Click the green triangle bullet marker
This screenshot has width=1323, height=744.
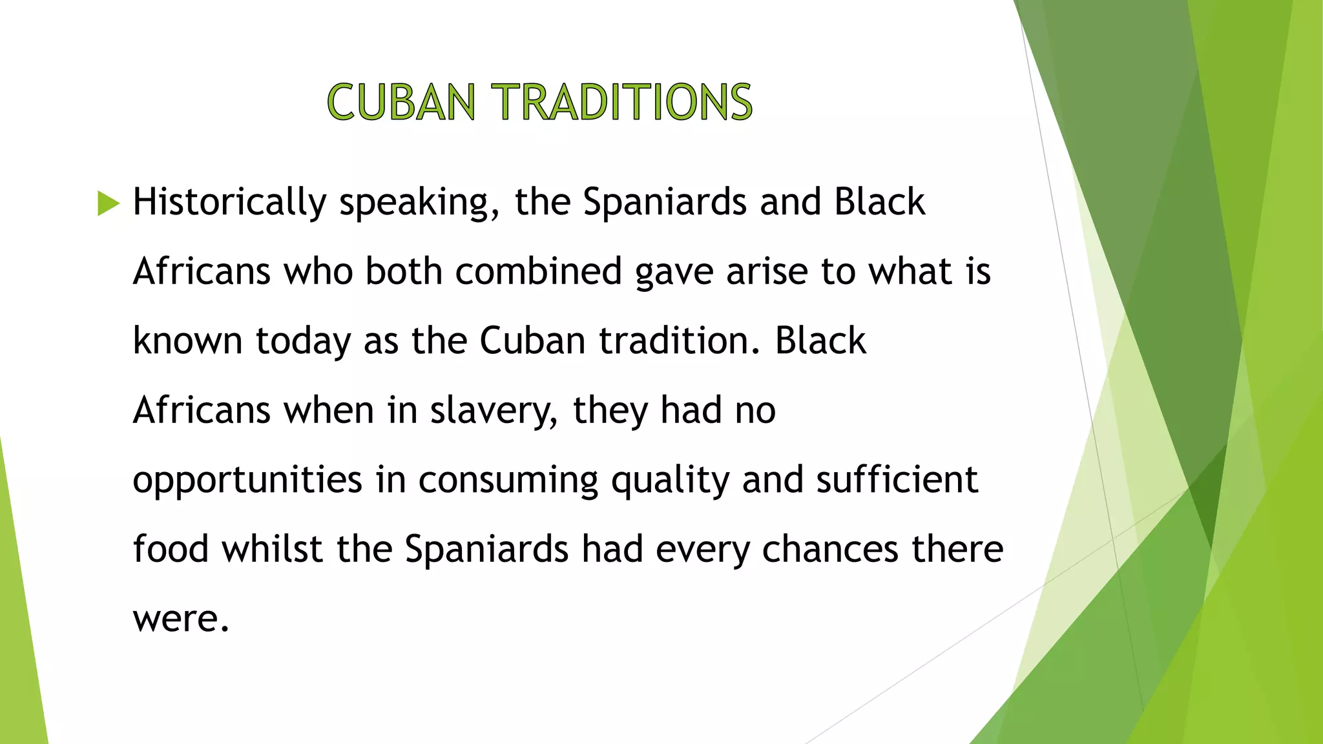109,203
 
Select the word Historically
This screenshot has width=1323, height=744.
229,202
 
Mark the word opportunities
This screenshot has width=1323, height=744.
247,481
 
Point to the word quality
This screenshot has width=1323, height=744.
671,481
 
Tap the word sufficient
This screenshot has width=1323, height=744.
897,480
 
